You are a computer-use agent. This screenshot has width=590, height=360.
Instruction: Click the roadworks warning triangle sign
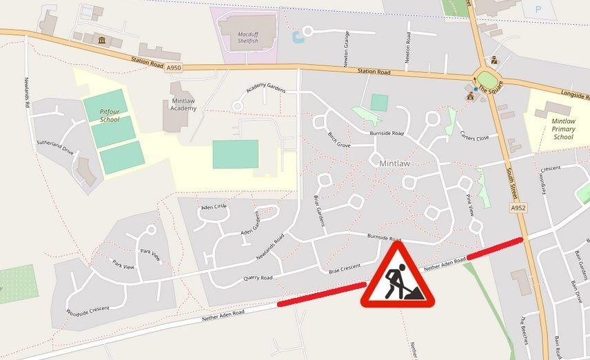tap(397, 277)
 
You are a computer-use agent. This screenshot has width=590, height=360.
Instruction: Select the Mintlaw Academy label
tap(183, 104)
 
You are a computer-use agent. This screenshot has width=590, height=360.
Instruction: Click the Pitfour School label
tap(109, 114)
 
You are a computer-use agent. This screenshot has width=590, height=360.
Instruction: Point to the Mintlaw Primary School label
tap(563, 128)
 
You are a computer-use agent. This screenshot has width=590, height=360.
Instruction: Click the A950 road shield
tap(174, 67)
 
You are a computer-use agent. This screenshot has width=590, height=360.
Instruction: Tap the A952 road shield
tap(518, 207)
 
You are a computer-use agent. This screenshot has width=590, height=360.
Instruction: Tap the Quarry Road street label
tap(258, 278)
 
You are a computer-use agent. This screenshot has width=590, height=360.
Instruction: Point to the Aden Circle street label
tap(213, 207)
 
